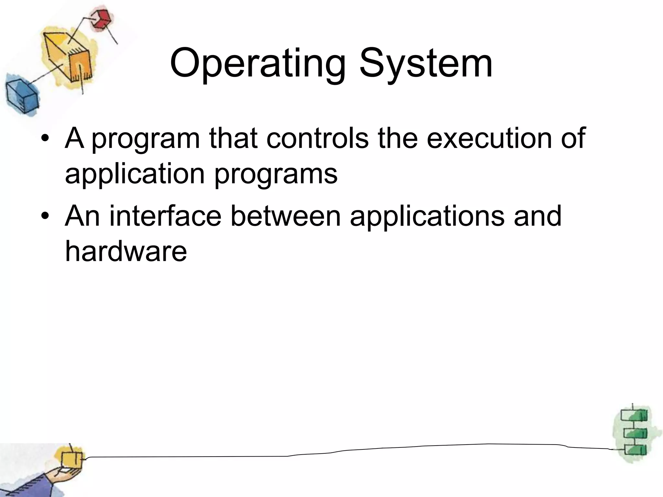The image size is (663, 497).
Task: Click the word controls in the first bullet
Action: pyautogui.click(x=317, y=138)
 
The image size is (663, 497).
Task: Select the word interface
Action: pyautogui.click(x=165, y=216)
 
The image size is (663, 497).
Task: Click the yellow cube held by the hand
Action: pyautogui.click(x=72, y=460)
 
